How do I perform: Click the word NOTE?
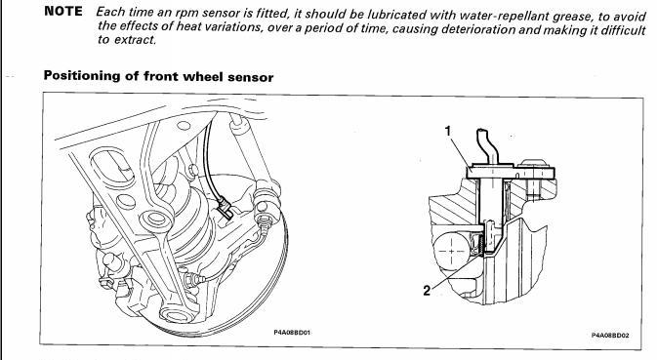[63, 12]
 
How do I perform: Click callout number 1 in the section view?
[448, 131]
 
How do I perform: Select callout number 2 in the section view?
[427, 290]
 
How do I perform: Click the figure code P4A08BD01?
[292, 333]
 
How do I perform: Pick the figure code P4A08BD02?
[610, 335]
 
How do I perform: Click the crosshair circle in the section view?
[451, 251]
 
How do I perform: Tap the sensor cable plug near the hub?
[226, 208]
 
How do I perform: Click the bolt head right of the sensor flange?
[534, 163]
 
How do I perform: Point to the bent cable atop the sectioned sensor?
[487, 145]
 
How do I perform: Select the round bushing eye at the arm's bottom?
[178, 313]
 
